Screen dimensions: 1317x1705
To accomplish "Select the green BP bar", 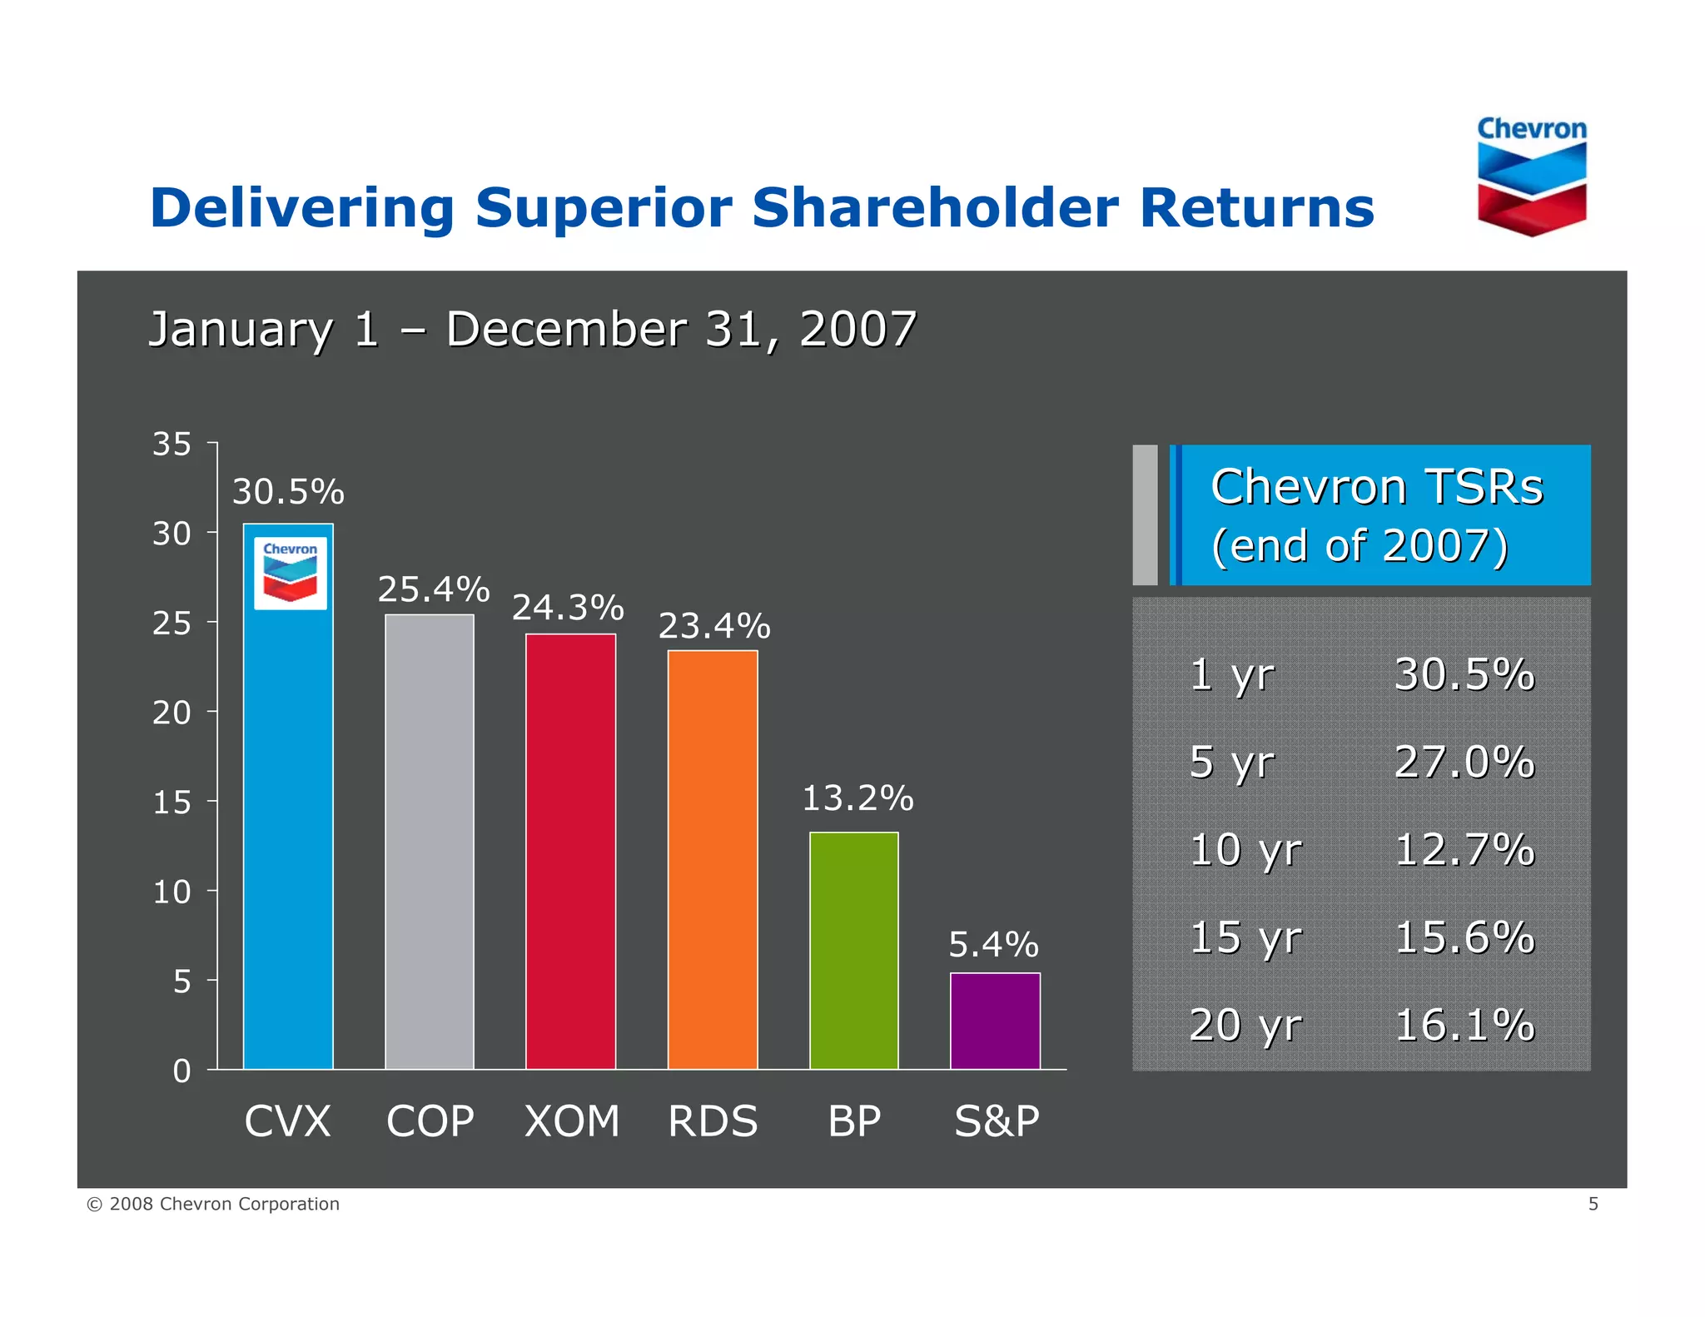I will (853, 950).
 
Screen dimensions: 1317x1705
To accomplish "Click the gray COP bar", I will (430, 841).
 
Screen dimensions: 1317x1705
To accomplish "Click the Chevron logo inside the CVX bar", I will (290, 573).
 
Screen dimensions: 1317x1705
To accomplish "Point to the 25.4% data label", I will (433, 589).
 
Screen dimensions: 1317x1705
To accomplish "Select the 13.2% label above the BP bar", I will (857, 798).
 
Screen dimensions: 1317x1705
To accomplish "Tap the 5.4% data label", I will (993, 945).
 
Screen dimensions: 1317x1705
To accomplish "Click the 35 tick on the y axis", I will (171, 444).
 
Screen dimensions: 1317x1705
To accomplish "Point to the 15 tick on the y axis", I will (171, 803).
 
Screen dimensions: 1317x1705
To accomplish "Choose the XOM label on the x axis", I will (572, 1121).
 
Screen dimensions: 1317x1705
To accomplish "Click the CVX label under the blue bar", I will (287, 1121).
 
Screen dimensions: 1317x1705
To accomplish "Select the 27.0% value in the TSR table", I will (1464, 762).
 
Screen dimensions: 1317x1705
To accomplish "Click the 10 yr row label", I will (1245, 850).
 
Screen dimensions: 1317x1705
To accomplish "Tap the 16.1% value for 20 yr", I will (1464, 1025).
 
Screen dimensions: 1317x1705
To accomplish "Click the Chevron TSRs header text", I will (1376, 487).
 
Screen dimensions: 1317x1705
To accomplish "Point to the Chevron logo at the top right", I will (1531, 176).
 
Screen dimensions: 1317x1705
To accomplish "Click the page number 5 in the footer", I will (1593, 1204).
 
